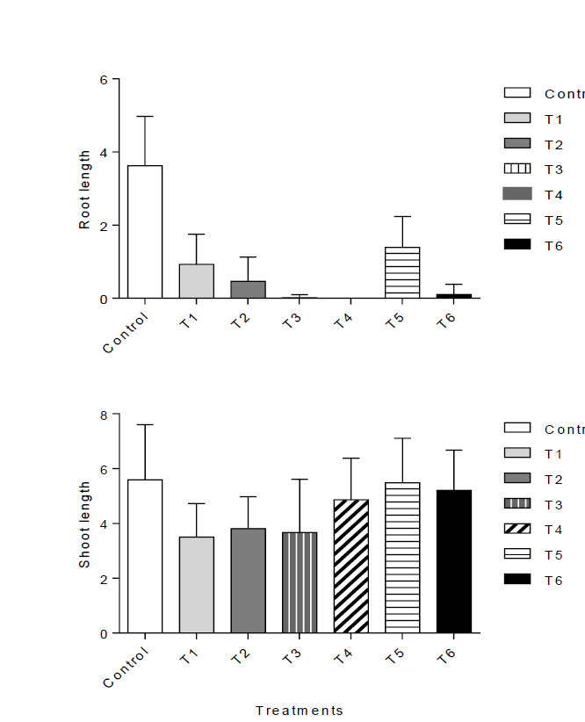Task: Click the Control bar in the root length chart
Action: (145, 232)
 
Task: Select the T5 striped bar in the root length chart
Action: (402, 272)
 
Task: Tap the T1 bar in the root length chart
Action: (197, 281)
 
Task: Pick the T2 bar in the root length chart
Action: (248, 289)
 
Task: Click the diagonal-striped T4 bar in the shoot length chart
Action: (351, 566)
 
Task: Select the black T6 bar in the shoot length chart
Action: (454, 561)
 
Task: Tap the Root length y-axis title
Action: (85, 190)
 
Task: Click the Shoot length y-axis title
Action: (85, 524)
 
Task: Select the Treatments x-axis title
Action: (300, 711)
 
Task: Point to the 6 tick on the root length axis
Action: (105, 80)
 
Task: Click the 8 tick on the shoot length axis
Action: (105, 415)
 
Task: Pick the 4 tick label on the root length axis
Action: (105, 153)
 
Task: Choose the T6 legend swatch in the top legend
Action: (517, 245)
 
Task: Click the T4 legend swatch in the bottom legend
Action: (517, 529)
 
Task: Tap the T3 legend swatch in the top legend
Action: (517, 169)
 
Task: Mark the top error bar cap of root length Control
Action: (145, 116)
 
